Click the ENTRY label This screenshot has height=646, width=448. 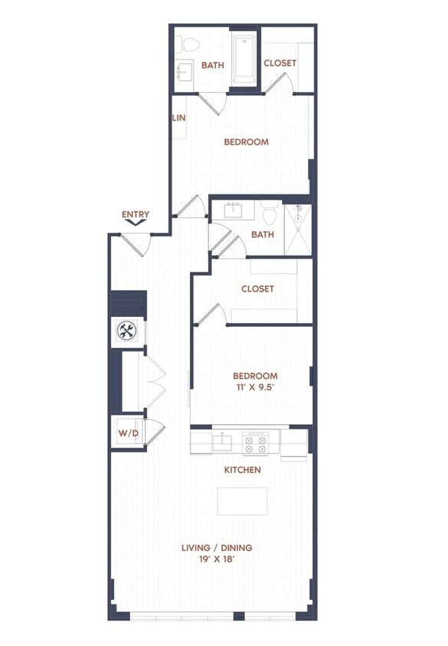click(136, 214)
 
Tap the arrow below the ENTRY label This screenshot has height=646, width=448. click(136, 223)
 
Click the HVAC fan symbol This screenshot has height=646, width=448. click(126, 331)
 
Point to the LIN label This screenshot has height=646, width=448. click(179, 118)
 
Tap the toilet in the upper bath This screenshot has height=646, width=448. click(184, 44)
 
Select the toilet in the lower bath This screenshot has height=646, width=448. click(269, 211)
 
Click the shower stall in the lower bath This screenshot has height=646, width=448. click(298, 230)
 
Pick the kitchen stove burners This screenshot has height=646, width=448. click(255, 442)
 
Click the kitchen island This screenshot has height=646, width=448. click(242, 501)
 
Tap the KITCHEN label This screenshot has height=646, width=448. click(242, 469)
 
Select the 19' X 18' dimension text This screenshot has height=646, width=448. click(217, 560)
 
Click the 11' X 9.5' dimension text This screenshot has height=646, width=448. click(254, 388)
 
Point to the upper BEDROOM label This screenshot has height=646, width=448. click(246, 142)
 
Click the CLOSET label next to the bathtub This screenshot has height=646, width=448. click(280, 63)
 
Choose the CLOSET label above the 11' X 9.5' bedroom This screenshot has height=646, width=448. click(257, 289)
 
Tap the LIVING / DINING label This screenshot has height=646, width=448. click(217, 548)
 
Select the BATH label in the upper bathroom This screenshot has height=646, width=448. click(213, 65)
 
